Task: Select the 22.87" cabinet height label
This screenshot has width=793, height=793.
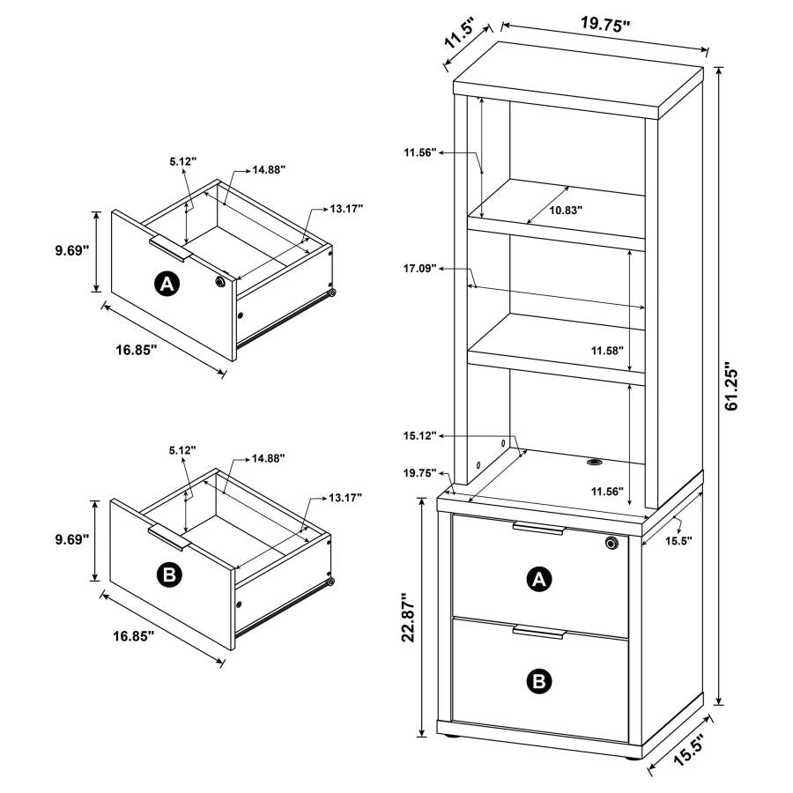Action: (407, 619)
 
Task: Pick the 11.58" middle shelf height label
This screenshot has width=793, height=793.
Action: (608, 351)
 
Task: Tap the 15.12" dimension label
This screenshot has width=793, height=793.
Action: (421, 435)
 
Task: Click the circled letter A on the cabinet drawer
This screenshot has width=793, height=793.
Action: (538, 579)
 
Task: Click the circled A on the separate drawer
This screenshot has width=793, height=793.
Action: (167, 284)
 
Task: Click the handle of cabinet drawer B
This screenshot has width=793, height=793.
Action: (537, 633)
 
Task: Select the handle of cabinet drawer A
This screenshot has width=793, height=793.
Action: (537, 529)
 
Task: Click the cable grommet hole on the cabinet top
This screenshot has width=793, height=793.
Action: (593, 460)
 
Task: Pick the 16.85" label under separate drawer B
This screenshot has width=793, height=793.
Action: (133, 635)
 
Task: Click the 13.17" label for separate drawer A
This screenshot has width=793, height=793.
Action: (346, 209)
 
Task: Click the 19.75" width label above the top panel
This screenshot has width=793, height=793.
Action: (605, 25)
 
